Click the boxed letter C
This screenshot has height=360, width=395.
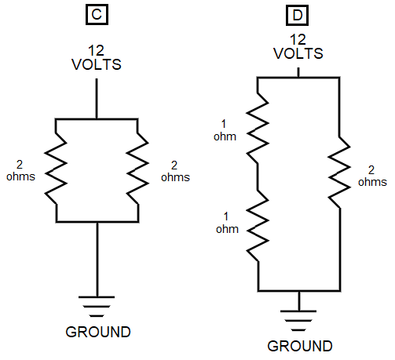coord(97,14)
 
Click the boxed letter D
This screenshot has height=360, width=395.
coord(297,15)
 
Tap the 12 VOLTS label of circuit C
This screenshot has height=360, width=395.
coord(97,58)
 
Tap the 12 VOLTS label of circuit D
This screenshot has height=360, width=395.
coord(298,47)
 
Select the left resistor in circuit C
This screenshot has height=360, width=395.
coord(56,169)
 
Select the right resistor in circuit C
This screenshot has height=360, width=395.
coord(137,169)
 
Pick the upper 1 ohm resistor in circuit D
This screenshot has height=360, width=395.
coord(258,128)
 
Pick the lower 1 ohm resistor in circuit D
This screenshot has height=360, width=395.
coord(258,225)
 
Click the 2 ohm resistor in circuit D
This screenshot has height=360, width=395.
coord(339,172)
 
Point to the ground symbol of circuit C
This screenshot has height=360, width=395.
coord(97,307)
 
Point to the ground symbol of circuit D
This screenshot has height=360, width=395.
coord(298,321)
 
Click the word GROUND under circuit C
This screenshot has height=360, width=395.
coord(98,332)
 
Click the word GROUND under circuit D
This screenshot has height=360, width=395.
coord(300,346)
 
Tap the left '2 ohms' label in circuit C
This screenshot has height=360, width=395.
coord(20,171)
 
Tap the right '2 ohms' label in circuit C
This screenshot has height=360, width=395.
coord(175,172)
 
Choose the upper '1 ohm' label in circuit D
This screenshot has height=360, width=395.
coord(225,130)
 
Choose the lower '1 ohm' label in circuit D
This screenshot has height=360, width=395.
coord(227,223)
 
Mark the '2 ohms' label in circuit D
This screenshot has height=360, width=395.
coord(372,176)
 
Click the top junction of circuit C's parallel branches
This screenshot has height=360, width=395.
coord(97,119)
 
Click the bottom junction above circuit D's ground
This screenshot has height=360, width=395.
coord(299,290)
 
